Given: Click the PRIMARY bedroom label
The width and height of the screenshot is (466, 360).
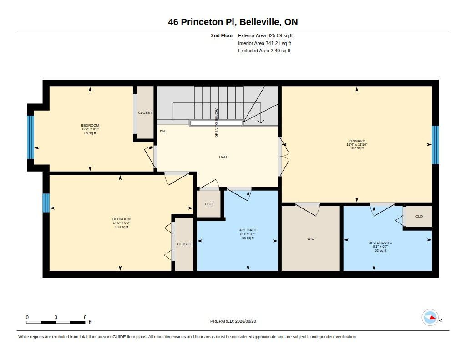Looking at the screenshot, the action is tap(357, 141).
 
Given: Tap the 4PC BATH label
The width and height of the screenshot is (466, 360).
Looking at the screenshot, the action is tap(248, 230).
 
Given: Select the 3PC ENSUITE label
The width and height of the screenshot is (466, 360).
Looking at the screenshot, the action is tap(380, 243).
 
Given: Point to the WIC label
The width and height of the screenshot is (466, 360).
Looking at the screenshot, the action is tap(310, 239).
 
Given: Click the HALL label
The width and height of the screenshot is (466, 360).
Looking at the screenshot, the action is tap(223, 157).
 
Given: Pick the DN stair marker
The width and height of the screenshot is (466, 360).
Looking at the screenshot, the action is tap(162, 132).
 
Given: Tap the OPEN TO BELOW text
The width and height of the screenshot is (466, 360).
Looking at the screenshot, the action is tap(216, 123).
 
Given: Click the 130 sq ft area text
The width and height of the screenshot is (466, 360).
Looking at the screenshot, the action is tap(122, 227).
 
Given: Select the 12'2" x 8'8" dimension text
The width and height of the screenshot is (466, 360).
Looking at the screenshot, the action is tap(90, 129).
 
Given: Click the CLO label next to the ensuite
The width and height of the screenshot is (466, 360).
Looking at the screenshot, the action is tap(419, 217).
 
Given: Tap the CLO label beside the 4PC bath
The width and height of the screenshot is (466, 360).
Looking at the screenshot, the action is tap(208, 204).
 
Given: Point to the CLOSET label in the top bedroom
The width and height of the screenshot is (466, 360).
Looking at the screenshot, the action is tap(145, 113).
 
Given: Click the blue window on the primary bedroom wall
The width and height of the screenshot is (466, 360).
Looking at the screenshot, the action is tap(436, 145).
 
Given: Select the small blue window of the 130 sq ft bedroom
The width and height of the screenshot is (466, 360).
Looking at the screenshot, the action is tap(46, 203).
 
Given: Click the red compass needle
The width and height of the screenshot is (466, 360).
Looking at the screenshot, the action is tap(432, 318).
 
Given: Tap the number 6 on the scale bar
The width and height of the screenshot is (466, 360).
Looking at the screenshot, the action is tap(85, 317).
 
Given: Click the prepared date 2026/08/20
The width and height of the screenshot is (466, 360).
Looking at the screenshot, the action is tap(245, 321).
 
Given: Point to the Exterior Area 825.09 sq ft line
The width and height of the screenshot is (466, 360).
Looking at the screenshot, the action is tap(265, 35).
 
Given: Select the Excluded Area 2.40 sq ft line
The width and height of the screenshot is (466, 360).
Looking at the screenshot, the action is tap(264, 51).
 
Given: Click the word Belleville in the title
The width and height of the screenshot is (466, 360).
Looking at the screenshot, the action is tap(259, 22).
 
